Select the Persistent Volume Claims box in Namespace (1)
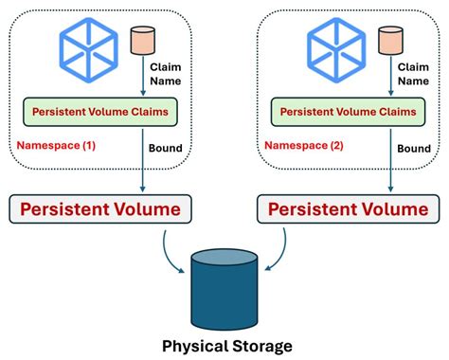[x=99, y=111]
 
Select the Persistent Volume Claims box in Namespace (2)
[x=348, y=111]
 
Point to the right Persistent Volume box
[x=349, y=207]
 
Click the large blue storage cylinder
[x=224, y=279]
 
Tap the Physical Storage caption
[x=224, y=346]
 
